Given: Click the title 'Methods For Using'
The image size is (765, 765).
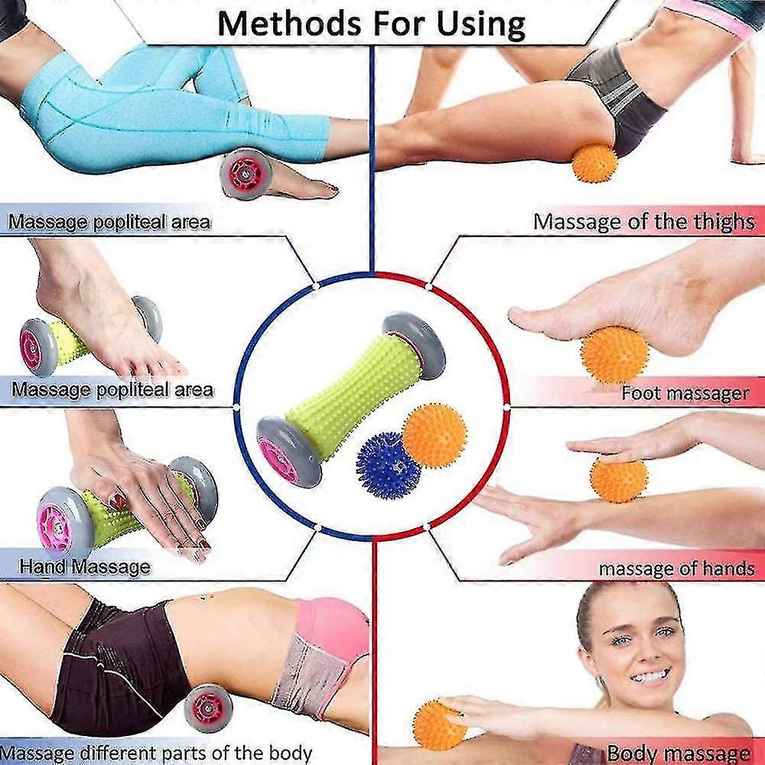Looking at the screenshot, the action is click(x=371, y=24).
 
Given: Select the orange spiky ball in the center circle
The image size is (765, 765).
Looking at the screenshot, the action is click(x=434, y=435).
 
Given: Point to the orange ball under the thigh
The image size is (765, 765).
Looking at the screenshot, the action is click(x=594, y=163).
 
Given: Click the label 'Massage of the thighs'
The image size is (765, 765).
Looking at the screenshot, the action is click(x=644, y=222).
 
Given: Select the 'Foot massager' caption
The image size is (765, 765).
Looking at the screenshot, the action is click(x=685, y=392).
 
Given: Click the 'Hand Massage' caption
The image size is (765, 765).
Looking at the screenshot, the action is click(x=85, y=566).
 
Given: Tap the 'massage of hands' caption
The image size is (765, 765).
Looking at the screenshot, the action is click(x=677, y=568).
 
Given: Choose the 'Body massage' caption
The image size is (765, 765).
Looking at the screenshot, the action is click(x=678, y=753).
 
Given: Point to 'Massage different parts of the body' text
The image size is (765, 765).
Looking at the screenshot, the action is click(x=156, y=754).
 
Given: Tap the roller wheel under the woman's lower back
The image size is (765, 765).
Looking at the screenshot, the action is click(x=209, y=708).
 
